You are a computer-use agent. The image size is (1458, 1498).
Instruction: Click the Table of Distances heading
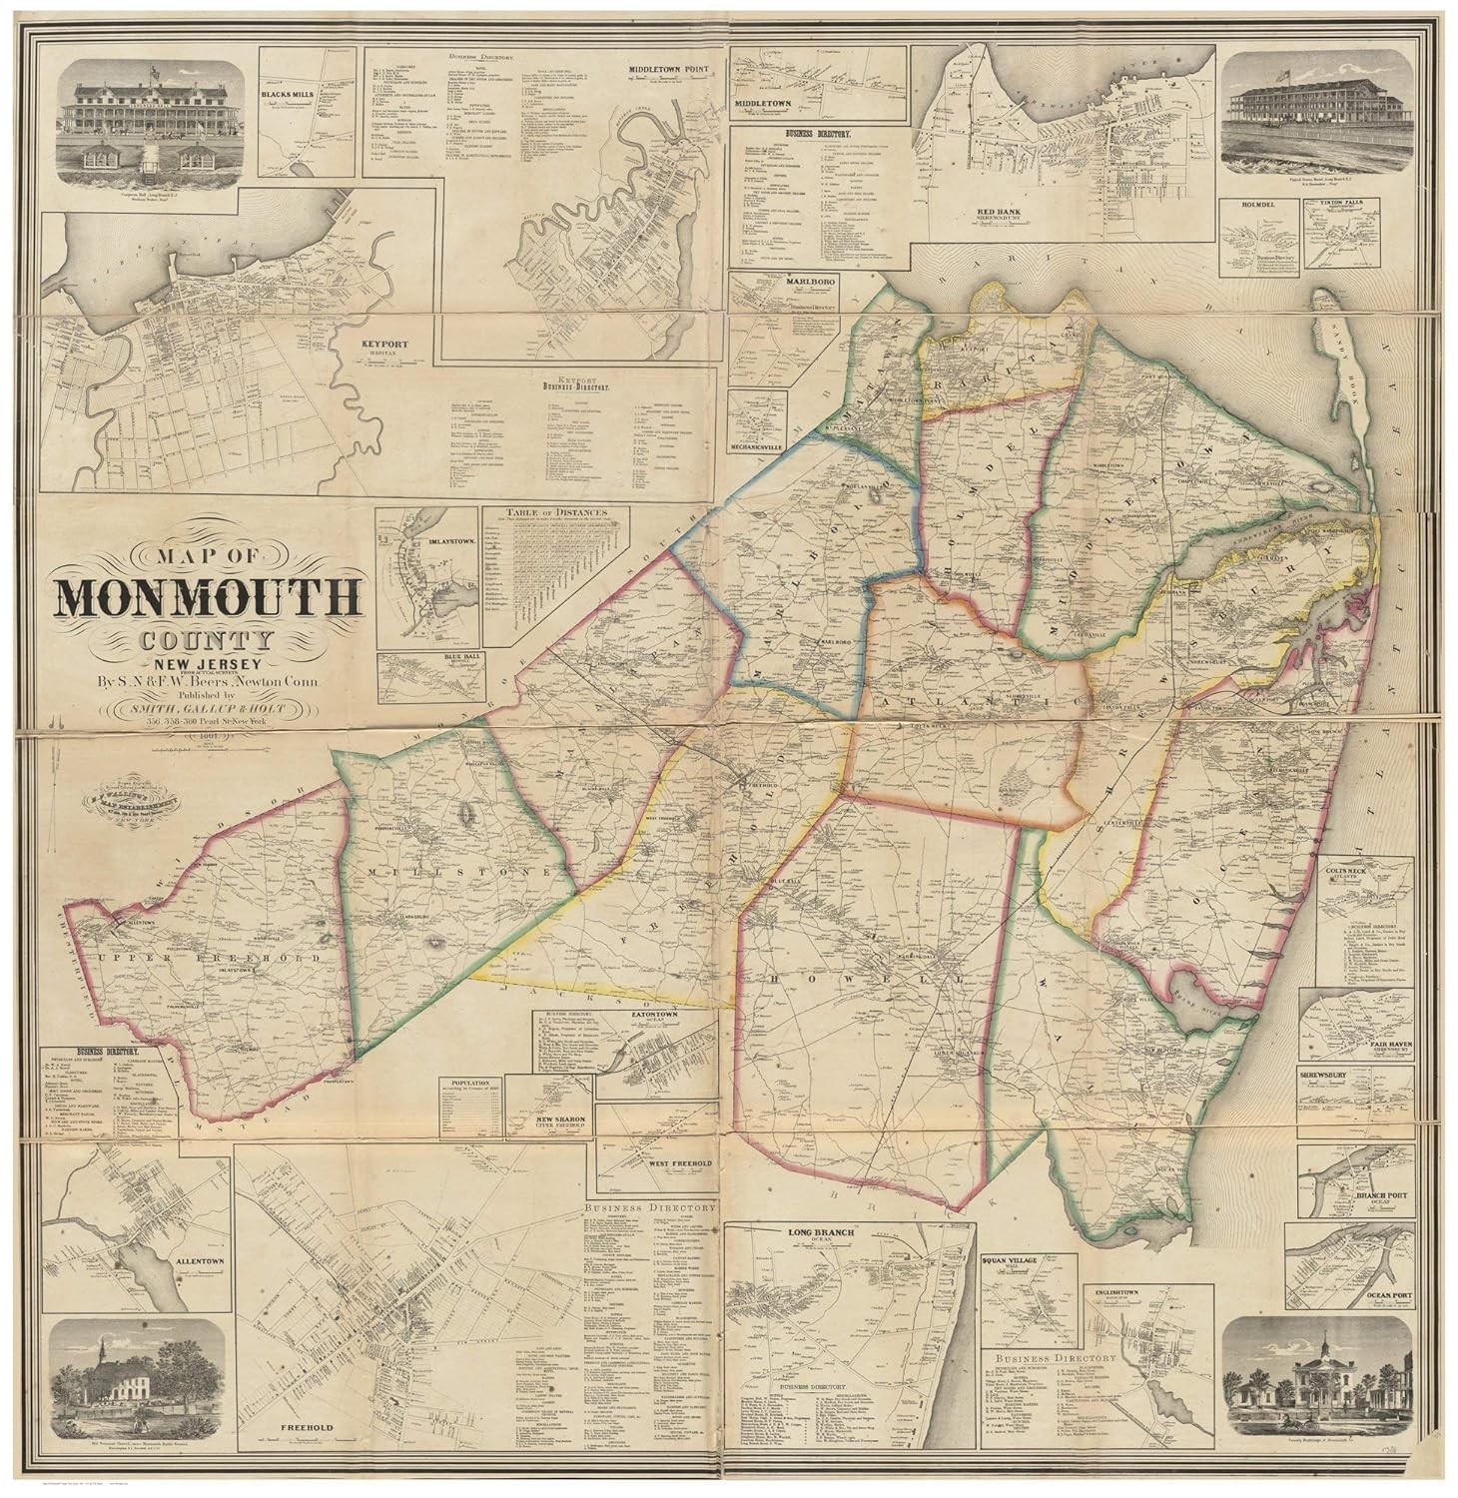[557, 512]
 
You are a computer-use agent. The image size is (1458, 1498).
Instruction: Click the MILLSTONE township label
[452, 872]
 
